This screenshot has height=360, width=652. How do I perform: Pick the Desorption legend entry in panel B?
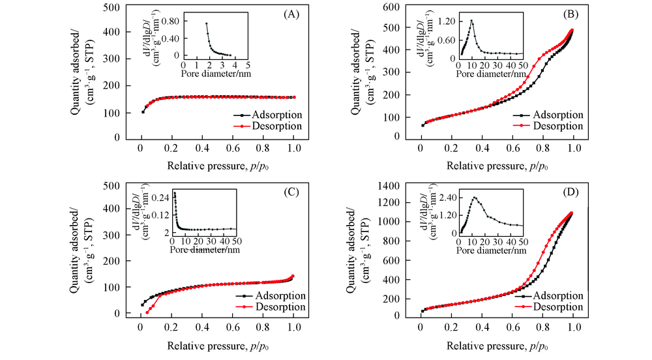pyautogui.click(x=557, y=127)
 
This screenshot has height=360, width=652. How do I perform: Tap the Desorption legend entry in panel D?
pyautogui.click(x=557, y=307)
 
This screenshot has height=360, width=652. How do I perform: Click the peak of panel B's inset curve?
pyautogui.click(x=471, y=21)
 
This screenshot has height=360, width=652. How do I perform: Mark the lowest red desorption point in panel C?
pyautogui.click(x=147, y=312)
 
